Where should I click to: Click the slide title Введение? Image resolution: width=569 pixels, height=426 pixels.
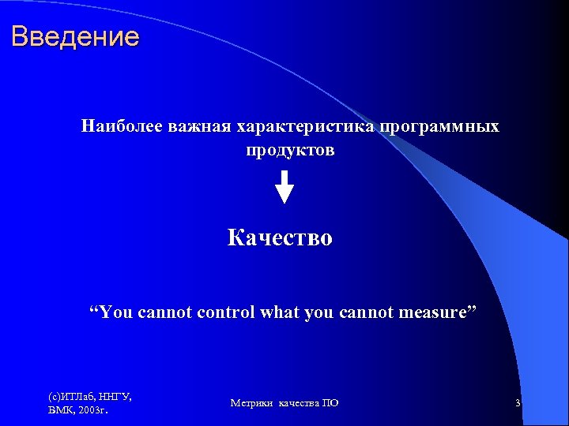pos(76,36)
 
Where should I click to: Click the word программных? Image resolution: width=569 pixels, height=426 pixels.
pos(439,126)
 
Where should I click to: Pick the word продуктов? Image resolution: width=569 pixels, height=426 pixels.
pos(290,150)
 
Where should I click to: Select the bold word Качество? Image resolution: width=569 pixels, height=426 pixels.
pos(280,237)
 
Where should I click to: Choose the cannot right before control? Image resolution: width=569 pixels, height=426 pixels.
pos(164,312)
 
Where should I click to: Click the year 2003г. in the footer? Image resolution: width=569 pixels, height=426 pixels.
pos(92,410)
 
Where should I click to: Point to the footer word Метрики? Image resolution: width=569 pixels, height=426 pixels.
pos(251,403)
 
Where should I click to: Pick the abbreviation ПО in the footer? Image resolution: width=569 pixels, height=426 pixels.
pos(330,403)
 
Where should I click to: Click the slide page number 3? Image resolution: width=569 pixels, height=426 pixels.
pos(517,403)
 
